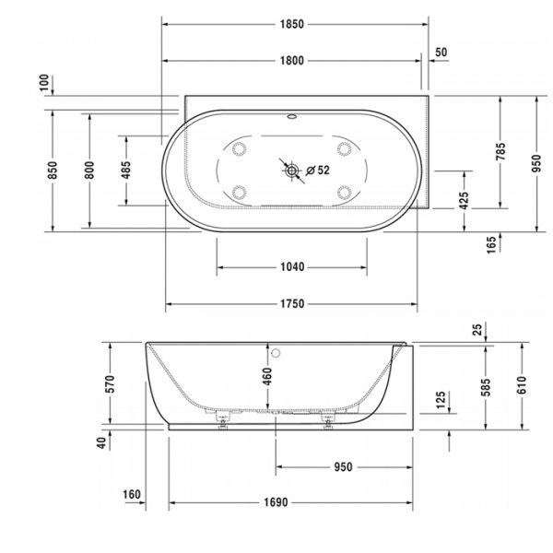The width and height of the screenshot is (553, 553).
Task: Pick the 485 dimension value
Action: click(x=125, y=171)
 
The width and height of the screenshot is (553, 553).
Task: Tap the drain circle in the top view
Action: click(x=291, y=170)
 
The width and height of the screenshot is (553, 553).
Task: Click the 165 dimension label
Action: click(x=491, y=243)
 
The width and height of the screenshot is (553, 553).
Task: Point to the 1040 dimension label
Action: click(x=291, y=267)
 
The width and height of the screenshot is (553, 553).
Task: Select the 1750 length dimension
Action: click(x=291, y=304)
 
